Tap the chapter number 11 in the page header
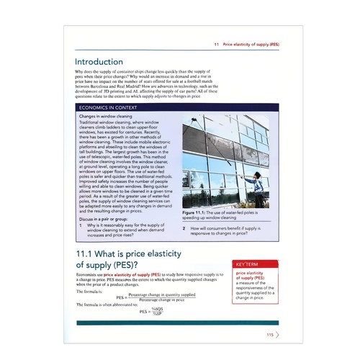(216, 44)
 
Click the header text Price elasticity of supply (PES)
(251, 44)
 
